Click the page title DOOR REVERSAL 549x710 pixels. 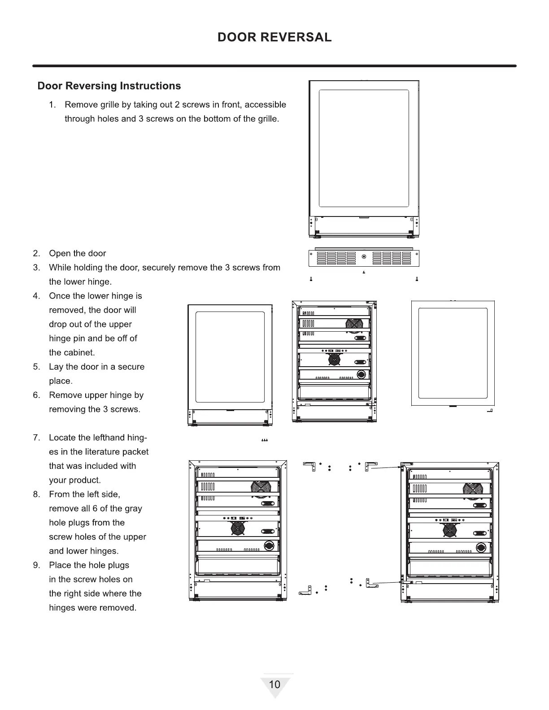coord(274,37)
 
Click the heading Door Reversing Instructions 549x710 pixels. coord(109,86)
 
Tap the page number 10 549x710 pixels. coord(274,684)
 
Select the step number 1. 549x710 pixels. coord(52,105)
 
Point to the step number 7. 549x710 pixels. coord(36,437)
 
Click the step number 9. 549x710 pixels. coord(36,565)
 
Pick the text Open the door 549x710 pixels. coord(77,253)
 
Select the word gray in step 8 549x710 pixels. coord(133,508)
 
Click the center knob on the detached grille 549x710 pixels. coord(364,257)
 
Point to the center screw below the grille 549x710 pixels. coord(364,272)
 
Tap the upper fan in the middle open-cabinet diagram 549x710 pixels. coord(354,325)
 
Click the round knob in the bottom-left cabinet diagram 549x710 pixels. coord(269,545)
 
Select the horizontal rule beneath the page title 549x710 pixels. coord(274,66)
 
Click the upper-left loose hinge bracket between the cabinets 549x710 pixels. coord(309,465)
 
